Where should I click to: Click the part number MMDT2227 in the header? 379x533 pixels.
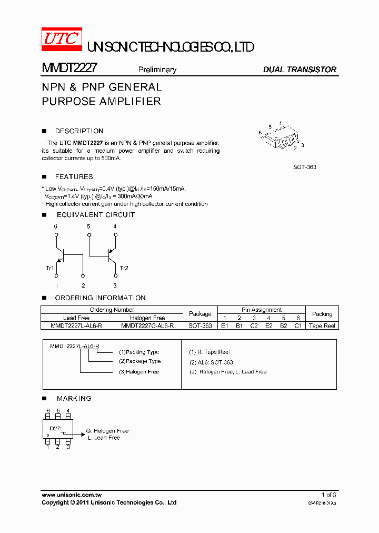pos(68,68)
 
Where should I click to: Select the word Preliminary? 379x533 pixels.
pos(157,70)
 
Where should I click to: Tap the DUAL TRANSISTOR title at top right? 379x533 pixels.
pos(299,70)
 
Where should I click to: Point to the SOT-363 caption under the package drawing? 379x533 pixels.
pos(305,167)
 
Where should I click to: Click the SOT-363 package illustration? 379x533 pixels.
pos(282,137)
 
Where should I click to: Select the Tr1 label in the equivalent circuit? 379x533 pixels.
pos(50,268)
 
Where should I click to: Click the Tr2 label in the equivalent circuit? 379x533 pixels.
pos(124,268)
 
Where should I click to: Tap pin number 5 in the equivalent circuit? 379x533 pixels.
pos(88,226)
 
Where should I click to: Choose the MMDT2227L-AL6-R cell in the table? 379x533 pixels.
pos(76,325)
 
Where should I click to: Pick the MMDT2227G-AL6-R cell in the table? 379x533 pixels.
pos(147,325)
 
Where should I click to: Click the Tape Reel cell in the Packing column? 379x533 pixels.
pos(322,325)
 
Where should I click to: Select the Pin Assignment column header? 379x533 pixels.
pos(261,310)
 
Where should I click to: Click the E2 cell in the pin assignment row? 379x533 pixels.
pos(268,325)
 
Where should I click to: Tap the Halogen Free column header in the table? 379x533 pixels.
pos(147,318)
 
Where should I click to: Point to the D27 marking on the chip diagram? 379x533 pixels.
pos(55,429)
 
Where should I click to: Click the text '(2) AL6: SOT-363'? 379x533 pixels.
pos(211,362)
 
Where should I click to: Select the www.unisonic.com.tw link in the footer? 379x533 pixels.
pos(72,495)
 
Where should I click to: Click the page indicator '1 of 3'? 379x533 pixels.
pos(328,495)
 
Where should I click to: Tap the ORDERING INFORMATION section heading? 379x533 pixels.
pos(100,298)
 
